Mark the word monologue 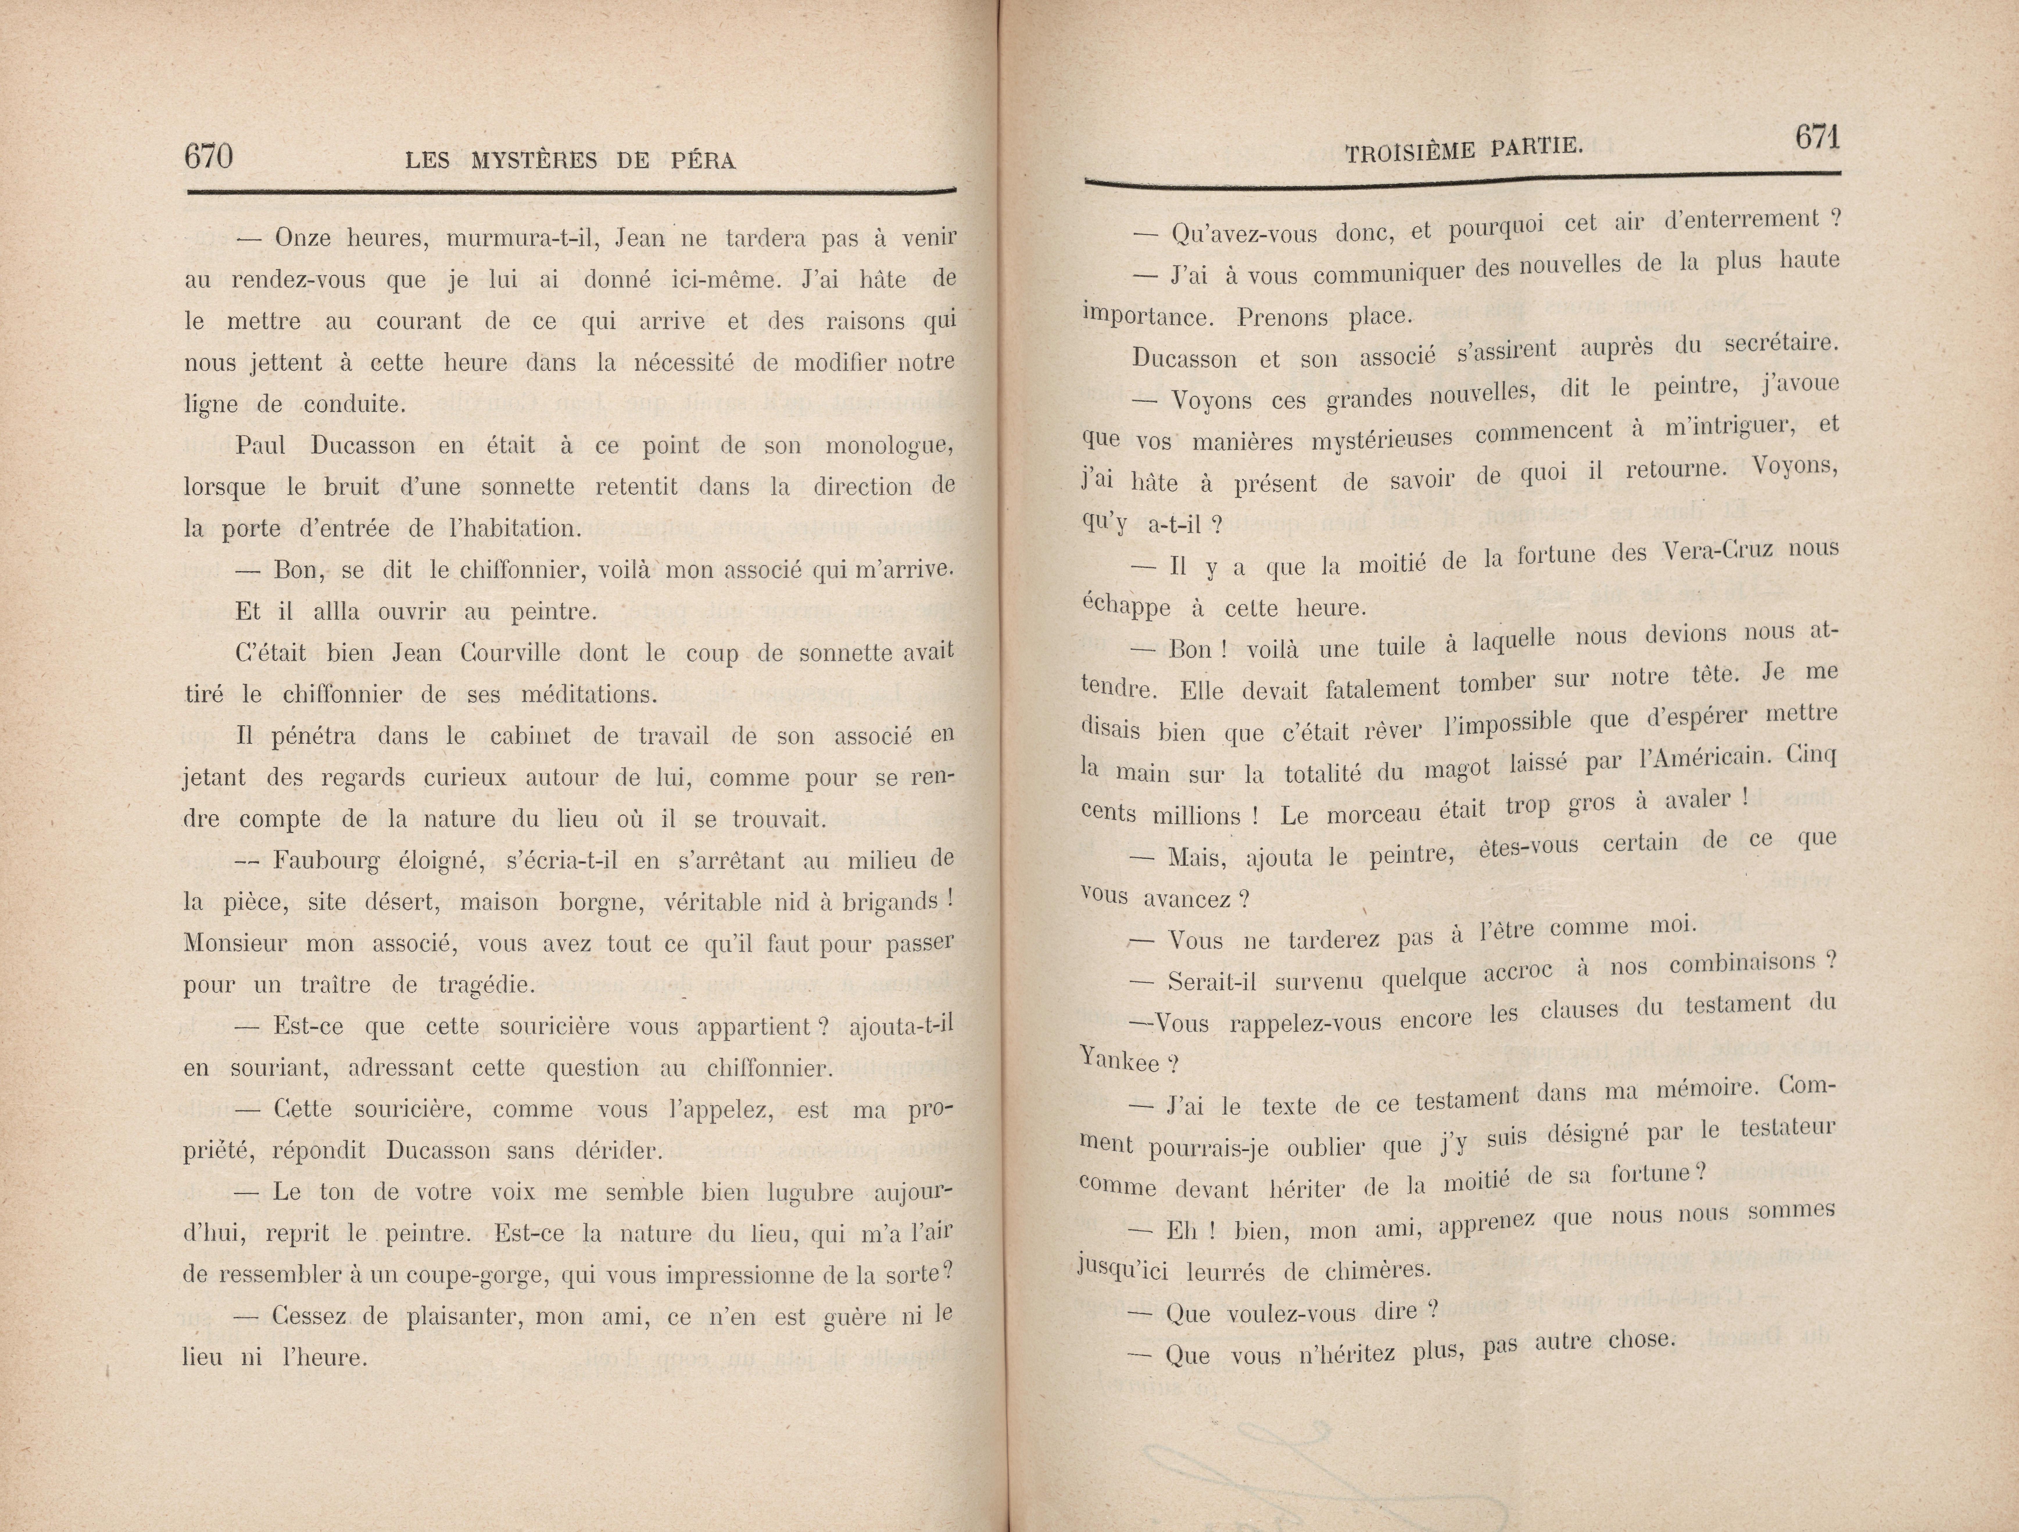pyautogui.click(x=889, y=446)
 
